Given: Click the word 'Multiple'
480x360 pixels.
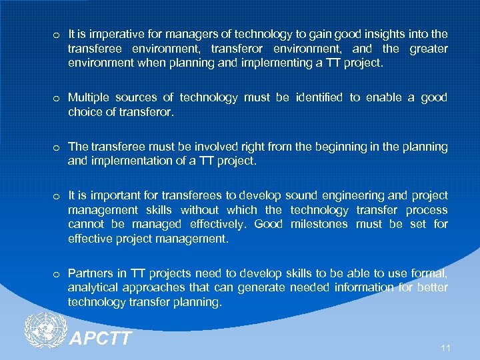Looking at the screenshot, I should coord(87,98).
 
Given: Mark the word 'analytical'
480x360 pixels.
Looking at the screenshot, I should coord(92,288).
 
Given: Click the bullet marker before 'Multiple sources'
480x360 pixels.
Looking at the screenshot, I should coord(57,99).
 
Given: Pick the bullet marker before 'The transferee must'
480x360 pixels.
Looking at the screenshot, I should coord(57,147).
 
